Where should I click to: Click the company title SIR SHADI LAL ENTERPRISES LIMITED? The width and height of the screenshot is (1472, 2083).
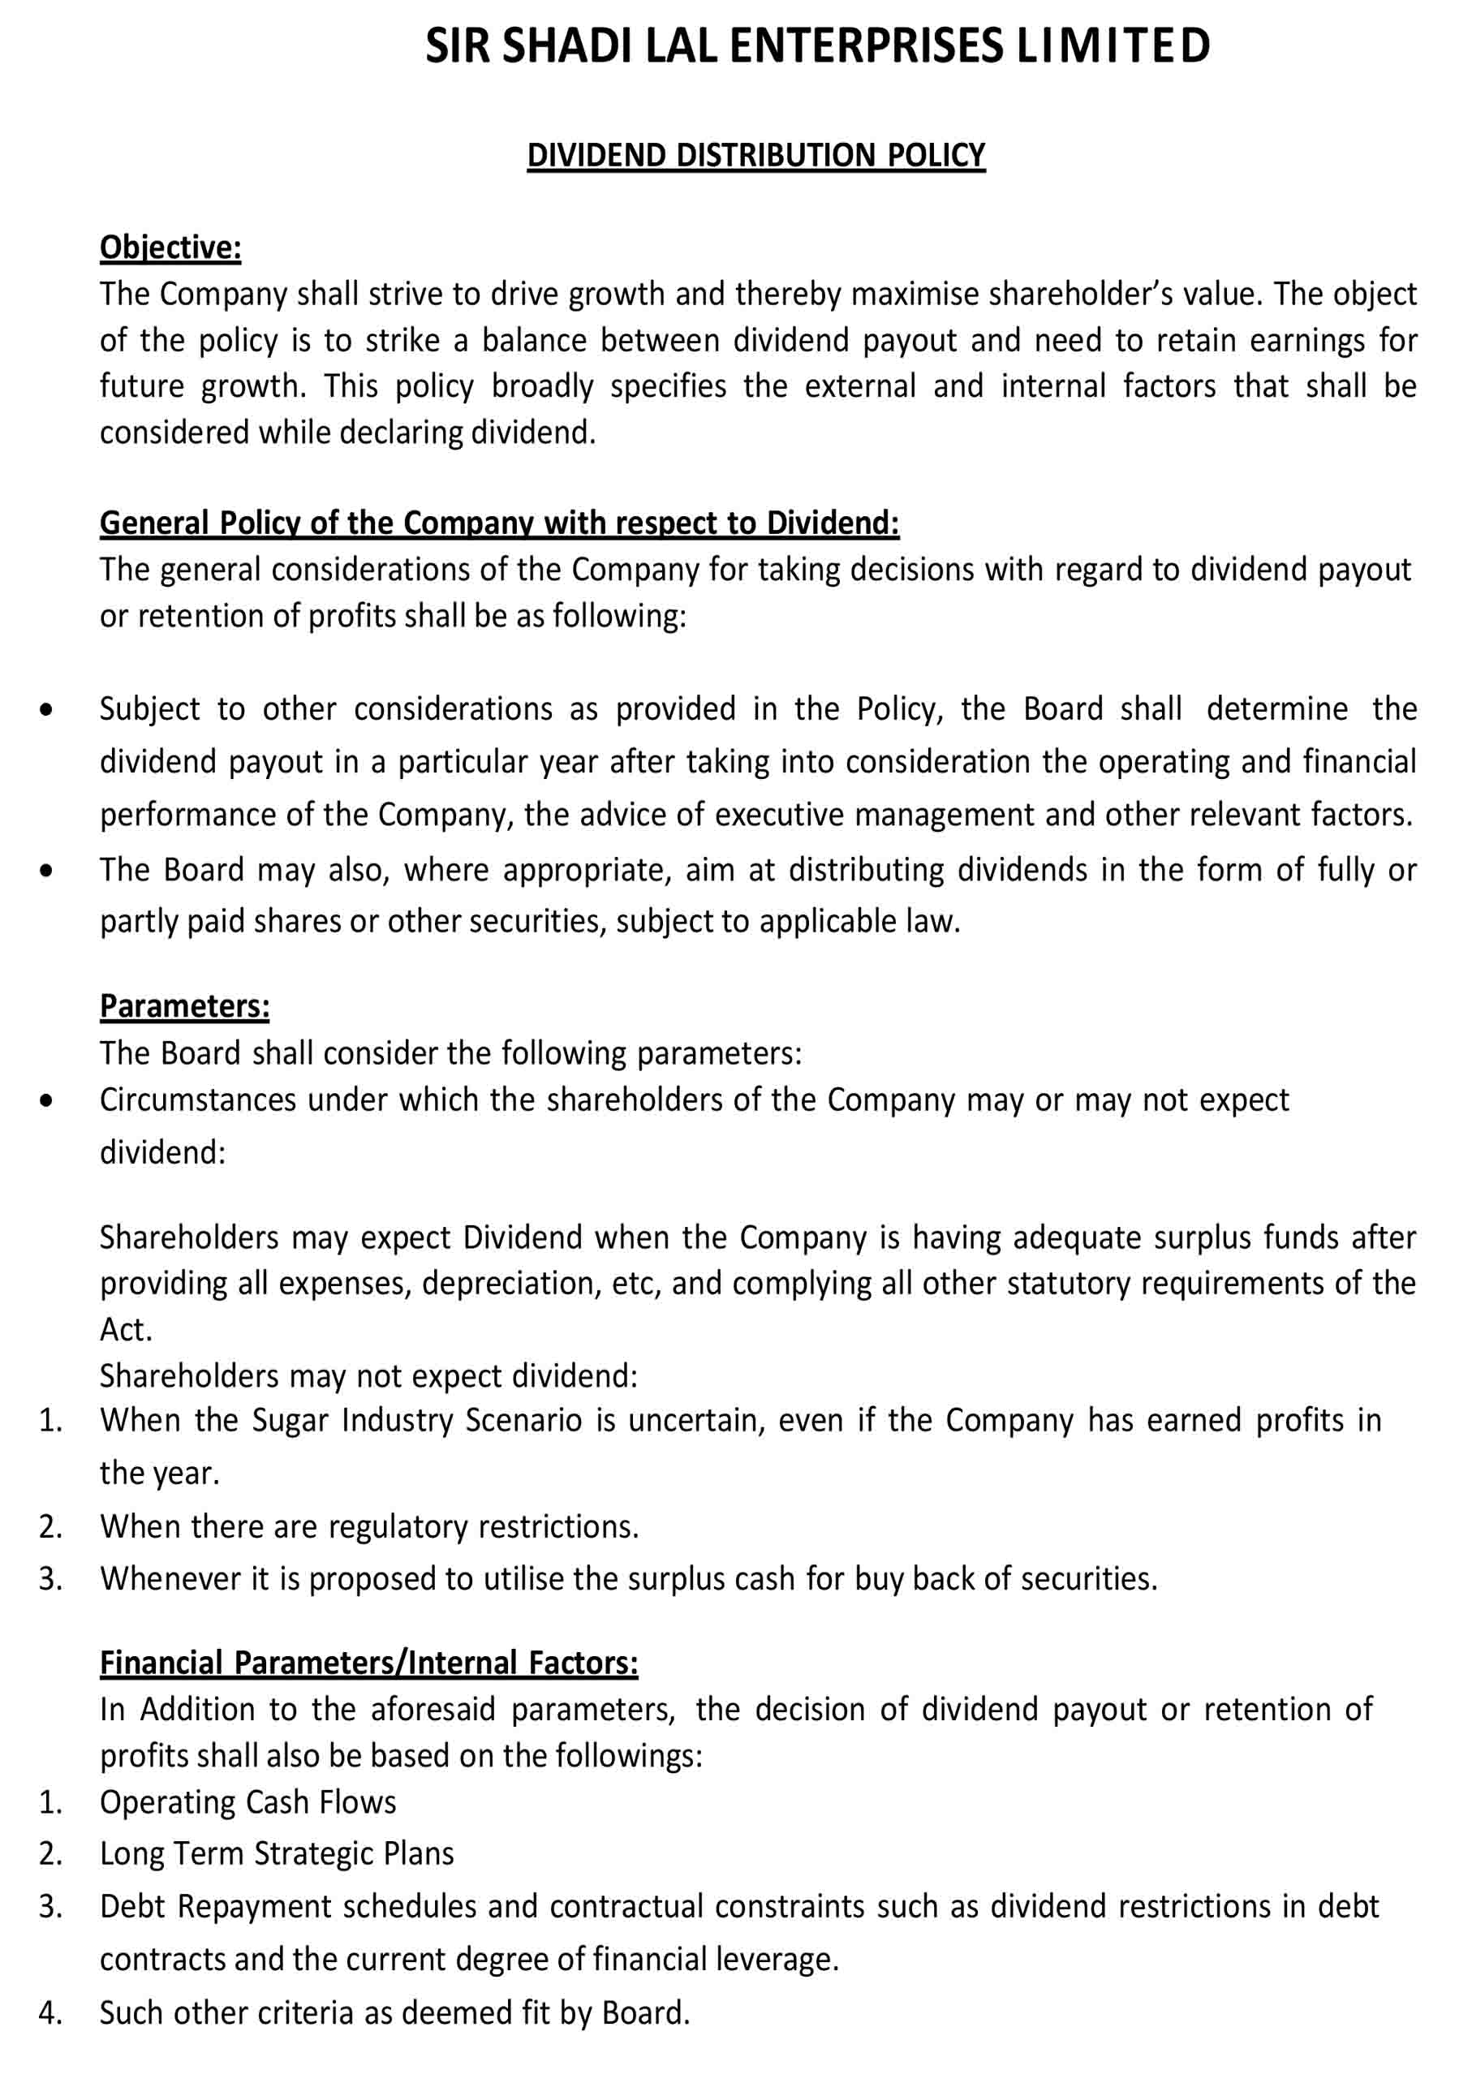pos(817,45)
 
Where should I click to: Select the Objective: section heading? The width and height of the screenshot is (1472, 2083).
pos(170,247)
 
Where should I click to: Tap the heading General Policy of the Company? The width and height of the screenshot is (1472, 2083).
pos(499,523)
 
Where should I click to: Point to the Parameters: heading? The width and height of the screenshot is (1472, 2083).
pos(184,1006)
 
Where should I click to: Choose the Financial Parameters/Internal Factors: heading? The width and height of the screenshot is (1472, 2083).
pos(368,1662)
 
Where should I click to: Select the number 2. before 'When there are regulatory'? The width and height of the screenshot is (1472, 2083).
pos(51,1526)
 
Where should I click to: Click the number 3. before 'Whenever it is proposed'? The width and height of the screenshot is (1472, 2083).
pos(51,1578)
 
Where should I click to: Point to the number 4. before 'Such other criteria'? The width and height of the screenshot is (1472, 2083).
pos(51,2012)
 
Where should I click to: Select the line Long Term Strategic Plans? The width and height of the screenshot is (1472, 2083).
pos(277,1853)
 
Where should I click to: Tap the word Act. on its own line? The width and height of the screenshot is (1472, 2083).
pos(125,1330)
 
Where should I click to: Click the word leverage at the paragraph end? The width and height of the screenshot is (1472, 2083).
pos(774,1960)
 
